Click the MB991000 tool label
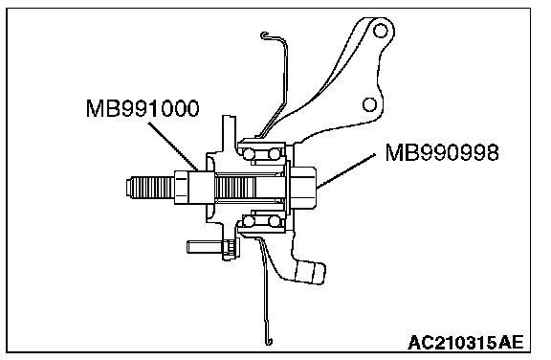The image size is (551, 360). pyautogui.click(x=143, y=108)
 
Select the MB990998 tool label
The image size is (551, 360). pyautogui.click(x=442, y=152)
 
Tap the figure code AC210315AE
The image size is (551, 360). pyautogui.click(x=466, y=342)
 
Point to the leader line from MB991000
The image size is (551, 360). pyautogui.click(x=174, y=146)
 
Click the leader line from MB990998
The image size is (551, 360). pyautogui.click(x=346, y=170)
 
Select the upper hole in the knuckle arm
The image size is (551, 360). pyautogui.click(x=380, y=31)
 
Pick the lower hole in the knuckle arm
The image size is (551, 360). pyautogui.click(x=369, y=104)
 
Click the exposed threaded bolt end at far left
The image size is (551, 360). pyautogui.click(x=150, y=188)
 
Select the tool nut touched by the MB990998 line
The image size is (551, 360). pyautogui.click(x=302, y=188)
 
